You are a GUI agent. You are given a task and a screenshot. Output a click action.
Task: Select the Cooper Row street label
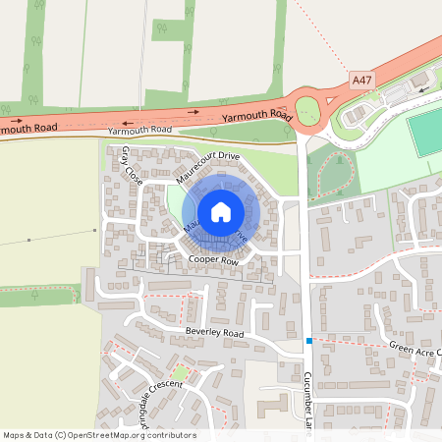(x=214, y=259)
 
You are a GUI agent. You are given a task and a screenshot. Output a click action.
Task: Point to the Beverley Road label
(x=213, y=334)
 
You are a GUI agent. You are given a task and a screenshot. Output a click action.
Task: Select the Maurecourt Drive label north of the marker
(x=208, y=168)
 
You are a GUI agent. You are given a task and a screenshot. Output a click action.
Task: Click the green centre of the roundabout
(x=307, y=111)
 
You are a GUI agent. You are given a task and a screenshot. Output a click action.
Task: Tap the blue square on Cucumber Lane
(x=308, y=341)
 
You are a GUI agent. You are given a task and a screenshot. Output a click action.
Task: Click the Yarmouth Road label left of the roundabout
(x=258, y=116)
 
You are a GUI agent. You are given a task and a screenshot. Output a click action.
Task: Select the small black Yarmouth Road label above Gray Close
(x=139, y=130)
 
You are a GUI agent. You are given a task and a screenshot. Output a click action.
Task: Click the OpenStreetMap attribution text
(x=98, y=435)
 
